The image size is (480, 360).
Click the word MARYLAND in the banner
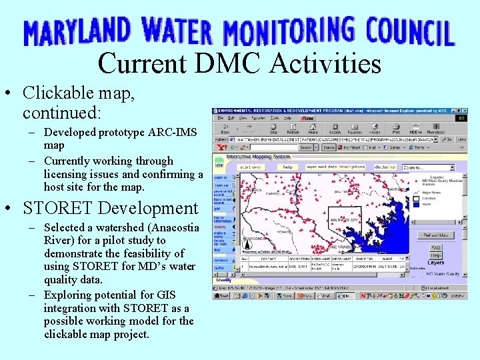click(x=77, y=32)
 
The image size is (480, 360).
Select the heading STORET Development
click(x=110, y=208)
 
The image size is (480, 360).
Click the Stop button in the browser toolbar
click(x=273, y=129)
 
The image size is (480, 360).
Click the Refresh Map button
click(x=435, y=235)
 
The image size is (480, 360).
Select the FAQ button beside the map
click(x=436, y=248)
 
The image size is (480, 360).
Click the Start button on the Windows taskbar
click(x=222, y=295)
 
